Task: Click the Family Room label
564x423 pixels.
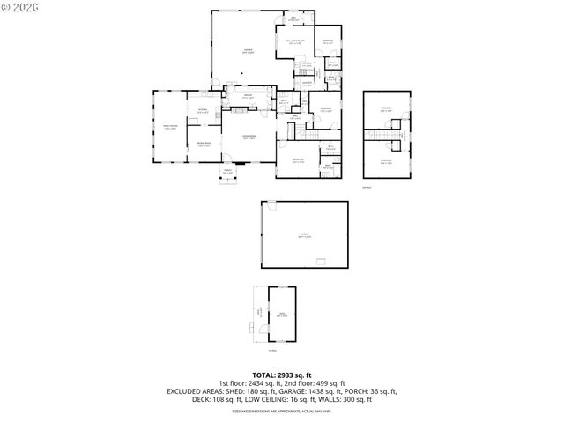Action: (x=170, y=128)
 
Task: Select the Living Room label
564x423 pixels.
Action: (x=250, y=136)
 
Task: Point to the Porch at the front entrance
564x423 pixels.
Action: (x=227, y=172)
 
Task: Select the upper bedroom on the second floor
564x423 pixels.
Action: (x=386, y=109)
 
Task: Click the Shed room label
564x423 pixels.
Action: (x=281, y=315)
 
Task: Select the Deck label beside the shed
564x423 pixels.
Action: (x=259, y=311)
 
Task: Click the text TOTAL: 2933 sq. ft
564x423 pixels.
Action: (x=281, y=374)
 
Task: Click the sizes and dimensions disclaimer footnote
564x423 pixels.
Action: (x=281, y=411)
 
